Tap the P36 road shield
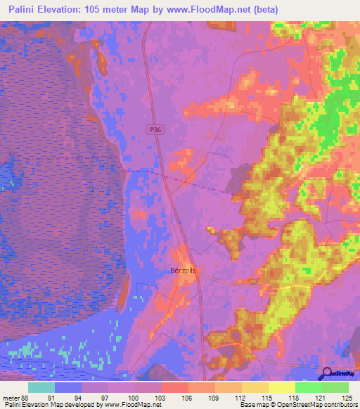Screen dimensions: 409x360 coord(155,130)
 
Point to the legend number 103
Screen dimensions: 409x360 coord(161,397)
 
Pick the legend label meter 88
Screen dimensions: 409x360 coord(16,397)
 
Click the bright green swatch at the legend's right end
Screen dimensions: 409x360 coord(335,387)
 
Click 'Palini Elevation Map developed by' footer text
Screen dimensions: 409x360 coord(49,405)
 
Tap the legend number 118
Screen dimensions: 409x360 coord(295,397)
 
